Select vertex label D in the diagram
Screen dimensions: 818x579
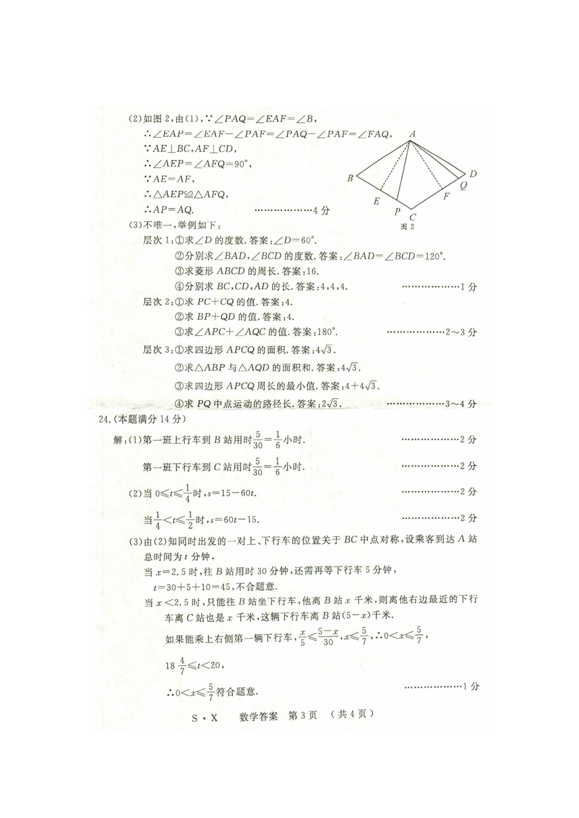click(473, 174)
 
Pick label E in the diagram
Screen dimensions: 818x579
click(376, 201)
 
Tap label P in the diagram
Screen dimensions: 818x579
click(397, 212)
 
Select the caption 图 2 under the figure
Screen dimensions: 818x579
click(407, 227)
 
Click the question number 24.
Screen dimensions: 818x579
click(104, 419)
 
